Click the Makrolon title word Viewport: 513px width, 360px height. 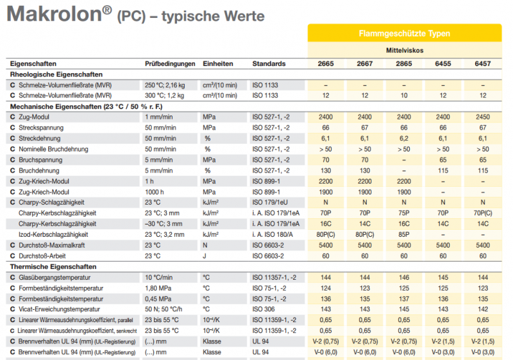pos(54,15)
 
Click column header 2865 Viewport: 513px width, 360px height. pos(404,64)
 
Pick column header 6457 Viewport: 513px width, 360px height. pos(483,64)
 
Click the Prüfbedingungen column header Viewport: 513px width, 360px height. pos(170,64)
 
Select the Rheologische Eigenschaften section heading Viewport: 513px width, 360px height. pos(57,74)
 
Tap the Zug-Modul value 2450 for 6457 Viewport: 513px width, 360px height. pos(483,117)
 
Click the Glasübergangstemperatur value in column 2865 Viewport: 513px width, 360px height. pos(404,277)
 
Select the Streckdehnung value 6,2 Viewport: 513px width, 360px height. pos(404,138)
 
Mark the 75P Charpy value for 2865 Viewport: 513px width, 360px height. pos(404,213)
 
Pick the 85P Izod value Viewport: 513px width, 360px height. pos(404,234)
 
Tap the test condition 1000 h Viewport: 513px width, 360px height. pos(156,192)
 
